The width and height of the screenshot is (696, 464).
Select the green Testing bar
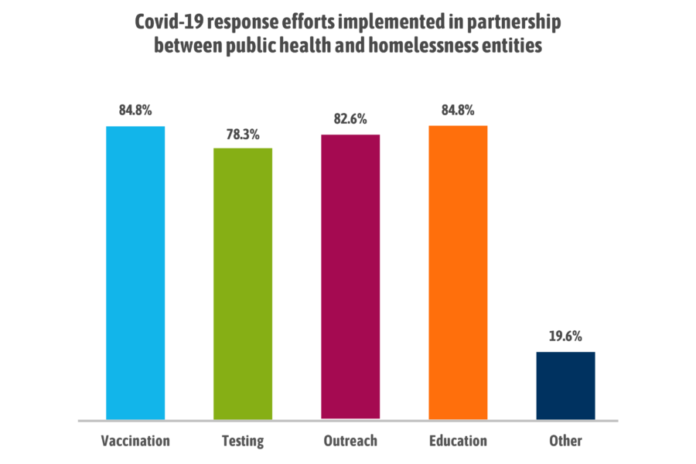(243, 283)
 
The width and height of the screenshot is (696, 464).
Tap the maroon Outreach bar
(350, 277)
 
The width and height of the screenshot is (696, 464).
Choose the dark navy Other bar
(565, 385)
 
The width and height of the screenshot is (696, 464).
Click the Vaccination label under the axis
(135, 441)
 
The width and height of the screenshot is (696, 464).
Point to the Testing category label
(242, 442)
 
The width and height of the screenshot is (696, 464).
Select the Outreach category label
(350, 441)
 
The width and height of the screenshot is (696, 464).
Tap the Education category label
(458, 441)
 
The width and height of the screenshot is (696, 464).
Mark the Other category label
(565, 441)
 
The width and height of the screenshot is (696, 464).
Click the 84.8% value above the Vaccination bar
(135, 110)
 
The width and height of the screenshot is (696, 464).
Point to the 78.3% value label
(243, 132)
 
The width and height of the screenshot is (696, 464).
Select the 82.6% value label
(350, 119)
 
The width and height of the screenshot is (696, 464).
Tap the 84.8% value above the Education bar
(458, 110)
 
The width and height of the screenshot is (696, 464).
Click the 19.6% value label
(565, 336)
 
